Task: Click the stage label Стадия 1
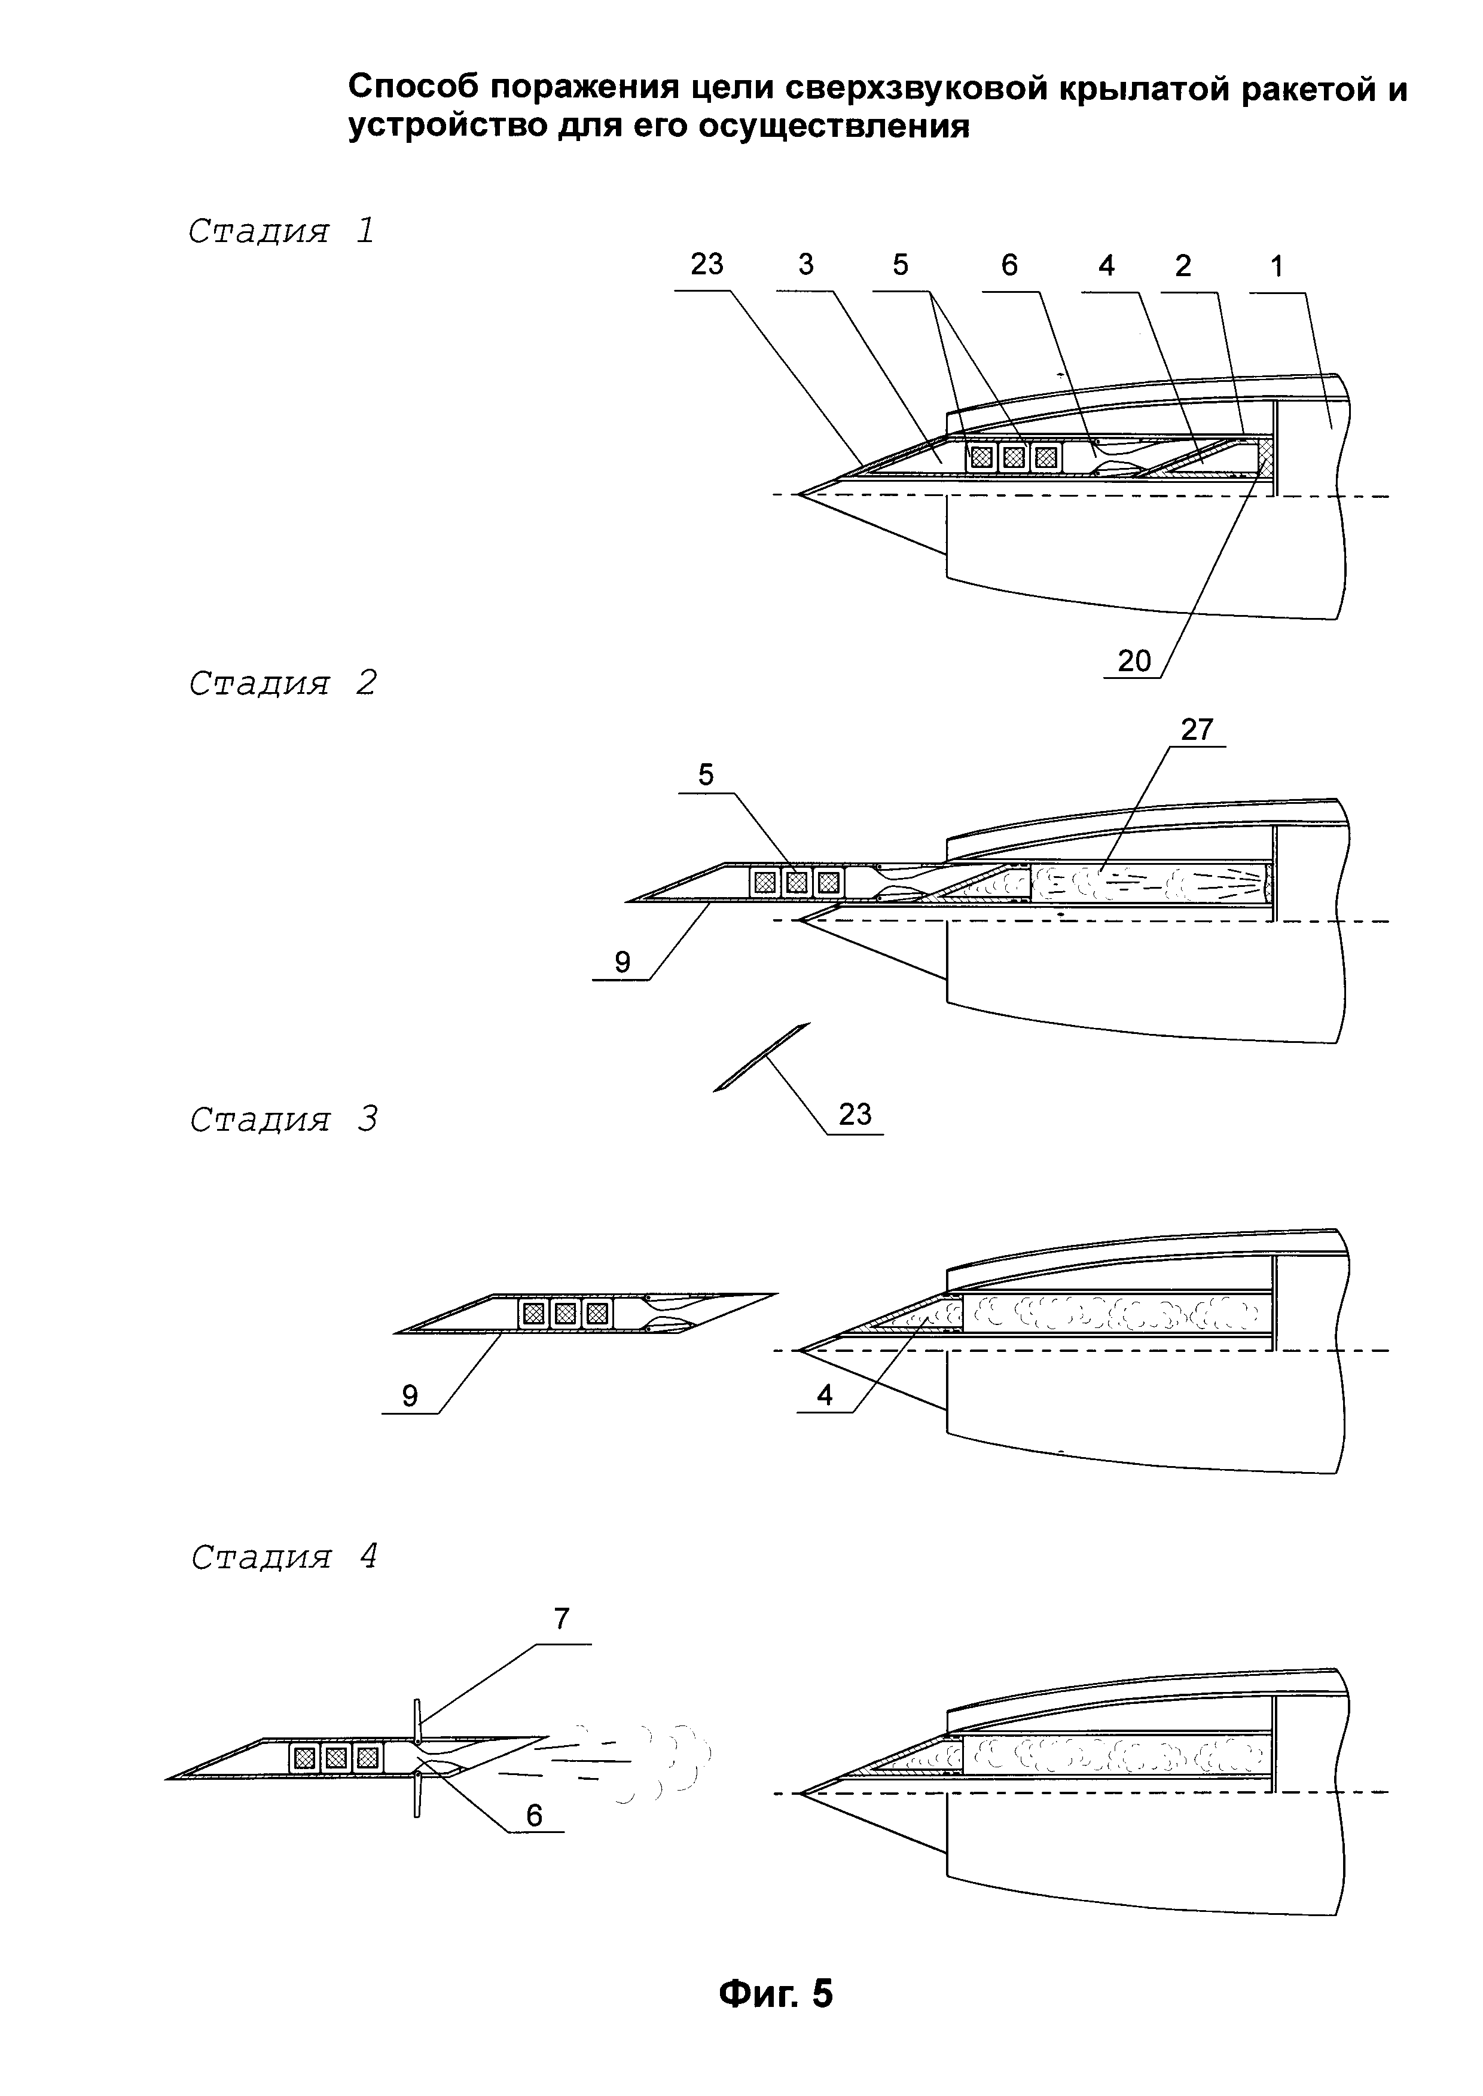pyautogui.click(x=281, y=231)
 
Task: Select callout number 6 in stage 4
pyautogui.click(x=534, y=1815)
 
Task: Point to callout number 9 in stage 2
pyautogui.click(x=622, y=962)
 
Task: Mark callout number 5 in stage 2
pyautogui.click(x=706, y=775)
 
